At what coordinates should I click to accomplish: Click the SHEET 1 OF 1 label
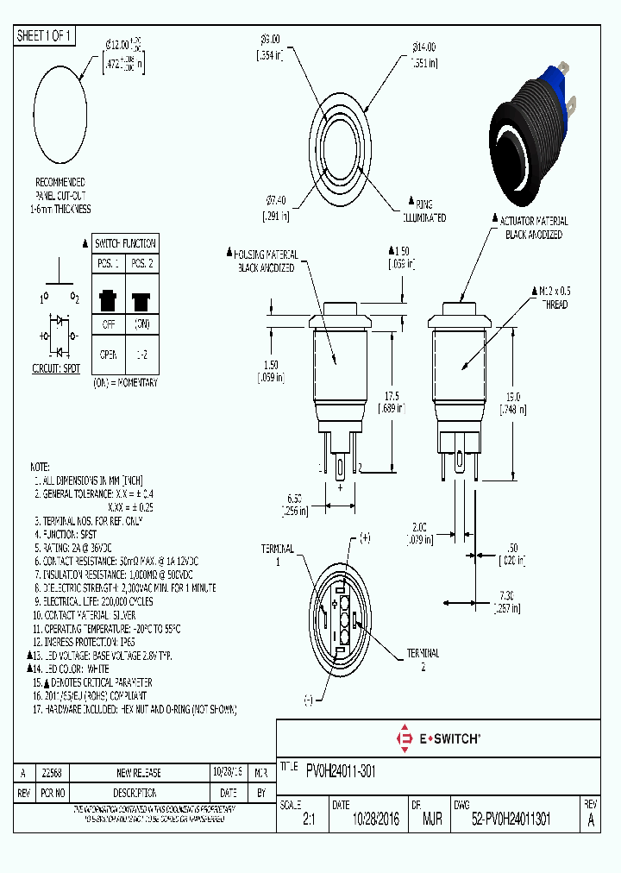tap(46, 35)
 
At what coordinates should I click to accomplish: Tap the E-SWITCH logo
tap(438, 738)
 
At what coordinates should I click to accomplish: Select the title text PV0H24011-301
tap(341, 769)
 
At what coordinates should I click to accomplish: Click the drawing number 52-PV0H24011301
tap(511, 821)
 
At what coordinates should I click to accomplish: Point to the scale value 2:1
tap(309, 821)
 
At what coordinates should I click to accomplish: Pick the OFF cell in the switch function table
tap(109, 326)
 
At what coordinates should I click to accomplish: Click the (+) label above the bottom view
tap(364, 537)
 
